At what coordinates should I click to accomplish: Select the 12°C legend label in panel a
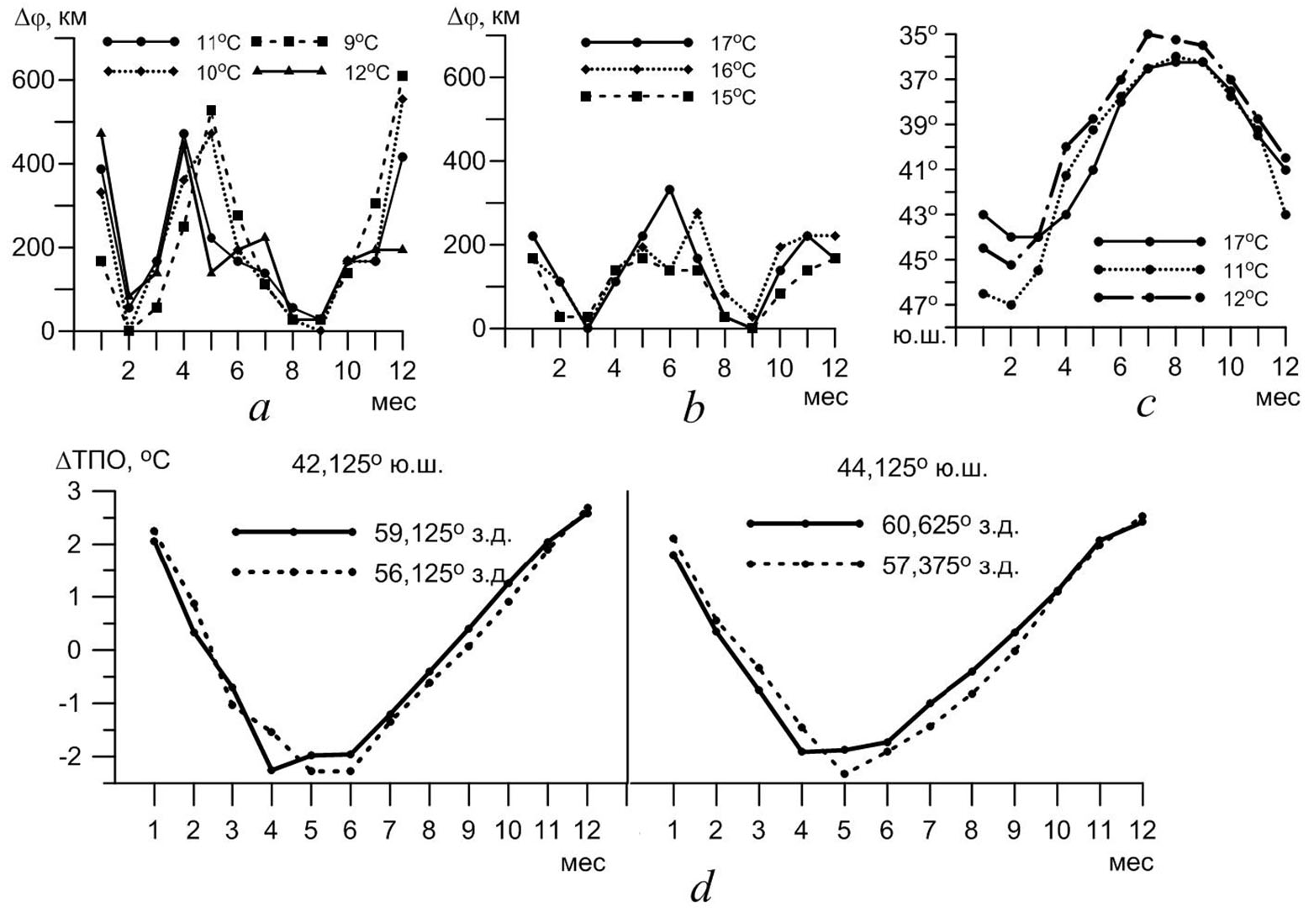(366, 73)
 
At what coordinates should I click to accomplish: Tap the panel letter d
(701, 887)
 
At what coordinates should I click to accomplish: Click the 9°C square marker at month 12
(403, 76)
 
